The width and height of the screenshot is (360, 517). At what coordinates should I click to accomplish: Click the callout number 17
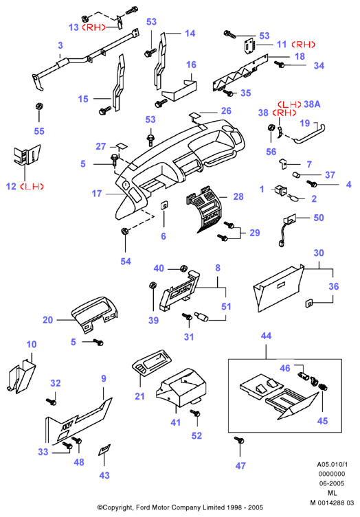click(97, 194)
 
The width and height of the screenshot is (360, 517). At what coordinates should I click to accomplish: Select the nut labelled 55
click(39, 107)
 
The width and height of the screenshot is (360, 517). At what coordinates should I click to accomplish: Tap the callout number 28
click(238, 197)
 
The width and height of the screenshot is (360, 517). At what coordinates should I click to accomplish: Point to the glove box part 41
click(182, 388)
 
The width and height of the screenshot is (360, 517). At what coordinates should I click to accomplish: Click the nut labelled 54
click(125, 231)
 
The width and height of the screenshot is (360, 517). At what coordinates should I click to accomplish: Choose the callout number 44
click(266, 336)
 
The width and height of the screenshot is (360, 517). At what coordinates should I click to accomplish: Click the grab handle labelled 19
click(310, 133)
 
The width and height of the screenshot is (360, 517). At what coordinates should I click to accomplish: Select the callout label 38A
click(312, 104)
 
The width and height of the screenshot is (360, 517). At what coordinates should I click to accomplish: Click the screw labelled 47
click(239, 441)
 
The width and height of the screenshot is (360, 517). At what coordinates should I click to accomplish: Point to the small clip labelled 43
click(104, 450)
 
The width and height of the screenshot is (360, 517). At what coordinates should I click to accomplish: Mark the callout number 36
click(334, 286)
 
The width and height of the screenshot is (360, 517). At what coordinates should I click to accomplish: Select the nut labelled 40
click(183, 268)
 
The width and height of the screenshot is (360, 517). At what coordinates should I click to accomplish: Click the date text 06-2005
click(332, 483)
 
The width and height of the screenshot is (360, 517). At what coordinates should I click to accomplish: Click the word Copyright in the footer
click(115, 507)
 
